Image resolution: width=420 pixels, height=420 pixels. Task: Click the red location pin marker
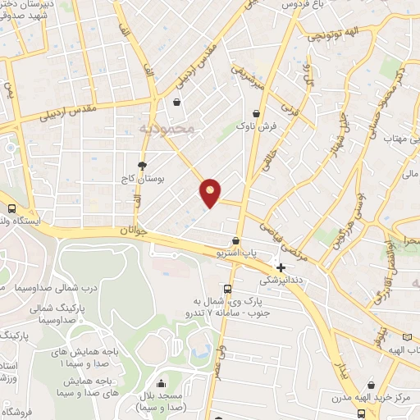(x=211, y=192)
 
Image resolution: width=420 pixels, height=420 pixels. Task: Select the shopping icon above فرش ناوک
(x=257, y=113)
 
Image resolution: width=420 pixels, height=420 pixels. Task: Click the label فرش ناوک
(x=253, y=128)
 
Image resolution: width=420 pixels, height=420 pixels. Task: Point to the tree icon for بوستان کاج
(x=142, y=163)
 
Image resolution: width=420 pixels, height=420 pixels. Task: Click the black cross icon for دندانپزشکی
(x=281, y=267)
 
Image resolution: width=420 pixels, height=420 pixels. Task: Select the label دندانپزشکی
(x=281, y=281)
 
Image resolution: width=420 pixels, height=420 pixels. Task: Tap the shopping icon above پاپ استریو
(x=236, y=241)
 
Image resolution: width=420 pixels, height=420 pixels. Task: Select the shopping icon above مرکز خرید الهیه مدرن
(x=372, y=384)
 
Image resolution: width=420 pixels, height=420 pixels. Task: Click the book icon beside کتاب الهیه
(x=409, y=337)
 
